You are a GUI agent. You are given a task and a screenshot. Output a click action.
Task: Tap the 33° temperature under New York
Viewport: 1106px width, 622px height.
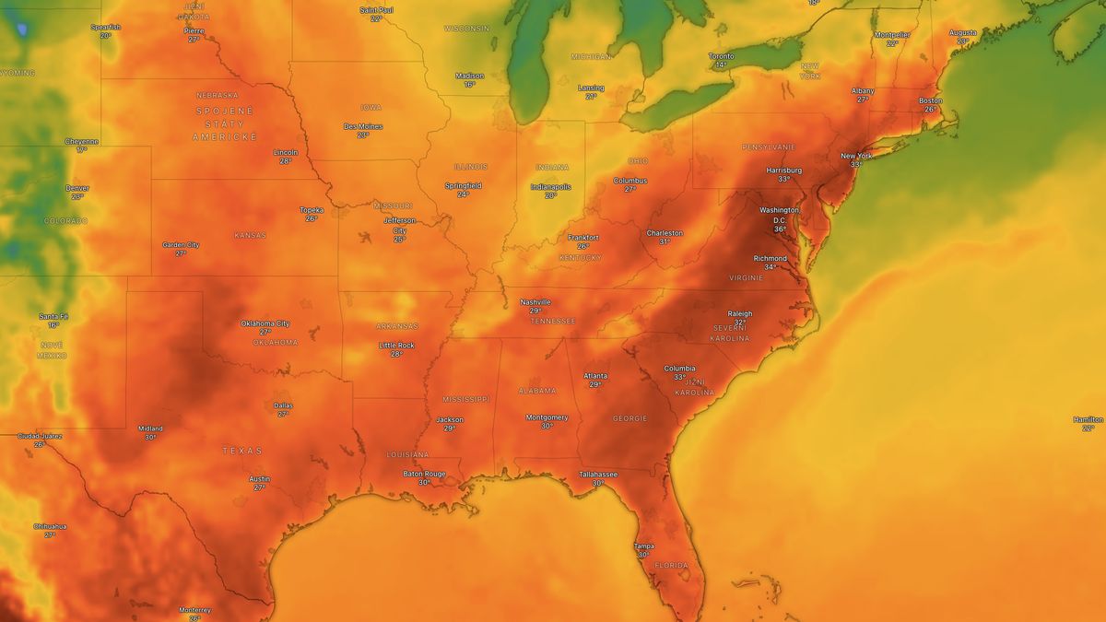click(856, 165)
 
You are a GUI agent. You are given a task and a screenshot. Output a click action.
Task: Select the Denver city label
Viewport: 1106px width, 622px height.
click(77, 187)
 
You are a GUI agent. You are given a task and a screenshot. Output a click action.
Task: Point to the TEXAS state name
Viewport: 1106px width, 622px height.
click(241, 451)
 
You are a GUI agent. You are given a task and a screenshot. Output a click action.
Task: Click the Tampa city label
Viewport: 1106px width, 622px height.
click(643, 546)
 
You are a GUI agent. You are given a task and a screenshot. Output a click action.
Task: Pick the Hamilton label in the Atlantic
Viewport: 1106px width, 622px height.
click(1088, 419)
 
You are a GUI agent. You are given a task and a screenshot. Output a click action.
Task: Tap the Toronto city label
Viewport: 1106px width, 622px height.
click(721, 56)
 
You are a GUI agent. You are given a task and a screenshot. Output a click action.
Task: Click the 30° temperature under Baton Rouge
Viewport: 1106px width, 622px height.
click(424, 482)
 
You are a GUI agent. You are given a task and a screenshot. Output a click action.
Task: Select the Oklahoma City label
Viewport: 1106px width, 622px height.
click(265, 323)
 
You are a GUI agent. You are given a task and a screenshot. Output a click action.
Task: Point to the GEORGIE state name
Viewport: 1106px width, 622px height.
click(629, 418)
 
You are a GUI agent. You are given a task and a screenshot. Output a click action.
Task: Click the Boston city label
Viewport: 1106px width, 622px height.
click(930, 100)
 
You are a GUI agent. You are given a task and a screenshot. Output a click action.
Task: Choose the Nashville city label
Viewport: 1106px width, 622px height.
click(535, 302)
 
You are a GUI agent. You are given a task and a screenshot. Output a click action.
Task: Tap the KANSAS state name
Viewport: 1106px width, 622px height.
click(250, 235)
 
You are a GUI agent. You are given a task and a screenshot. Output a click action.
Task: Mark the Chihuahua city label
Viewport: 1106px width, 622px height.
click(50, 526)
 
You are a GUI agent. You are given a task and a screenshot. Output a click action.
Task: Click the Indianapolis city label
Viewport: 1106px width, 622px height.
click(551, 186)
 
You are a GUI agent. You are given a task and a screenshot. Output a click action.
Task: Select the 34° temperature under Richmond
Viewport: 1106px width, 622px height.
click(770, 267)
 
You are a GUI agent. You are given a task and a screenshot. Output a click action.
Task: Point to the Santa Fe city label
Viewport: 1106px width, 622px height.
click(53, 316)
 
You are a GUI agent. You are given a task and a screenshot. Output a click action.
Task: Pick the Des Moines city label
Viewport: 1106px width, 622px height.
click(363, 126)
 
